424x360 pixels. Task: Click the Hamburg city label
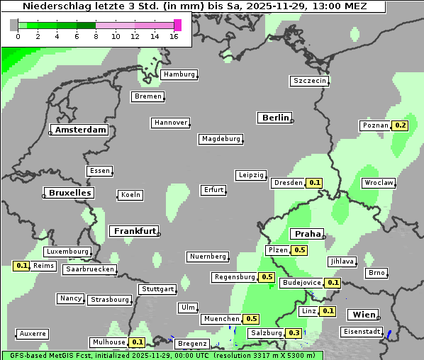tap(179, 74)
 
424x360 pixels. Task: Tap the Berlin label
tap(275, 118)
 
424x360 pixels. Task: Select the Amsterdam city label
tap(80, 130)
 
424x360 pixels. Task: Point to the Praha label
tap(307, 234)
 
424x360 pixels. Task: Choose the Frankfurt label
tap(134, 231)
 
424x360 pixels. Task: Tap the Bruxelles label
tap(69, 193)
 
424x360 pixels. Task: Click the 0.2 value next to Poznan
tap(401, 125)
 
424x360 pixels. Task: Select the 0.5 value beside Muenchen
tap(252, 319)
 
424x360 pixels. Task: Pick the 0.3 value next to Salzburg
tap(294, 333)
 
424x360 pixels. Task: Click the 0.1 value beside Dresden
tap(315, 183)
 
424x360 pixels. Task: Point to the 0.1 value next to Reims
tap(21, 266)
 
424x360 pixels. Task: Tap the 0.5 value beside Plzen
tap(300, 250)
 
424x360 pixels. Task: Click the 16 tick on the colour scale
tap(174, 36)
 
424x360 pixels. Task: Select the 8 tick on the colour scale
tap(96, 36)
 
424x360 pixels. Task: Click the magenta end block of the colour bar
tap(177, 25)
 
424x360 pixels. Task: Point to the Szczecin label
tap(310, 81)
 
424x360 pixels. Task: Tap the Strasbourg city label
tap(110, 300)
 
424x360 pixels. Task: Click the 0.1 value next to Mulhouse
tap(138, 342)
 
